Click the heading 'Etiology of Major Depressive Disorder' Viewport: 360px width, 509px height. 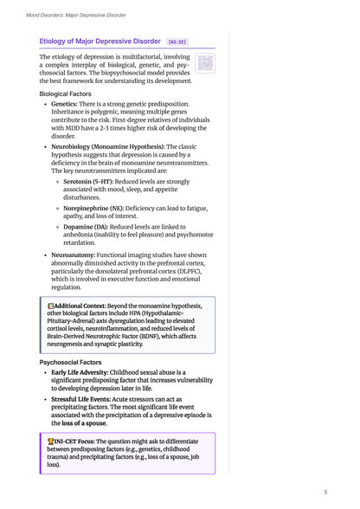coord(100,41)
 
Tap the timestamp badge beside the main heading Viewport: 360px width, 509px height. coord(177,41)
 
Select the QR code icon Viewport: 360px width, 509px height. coord(204,62)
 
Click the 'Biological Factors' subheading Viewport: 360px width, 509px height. coord(71,93)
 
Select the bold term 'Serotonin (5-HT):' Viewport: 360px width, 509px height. coord(93,182)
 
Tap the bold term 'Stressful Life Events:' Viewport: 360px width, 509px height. coord(90,400)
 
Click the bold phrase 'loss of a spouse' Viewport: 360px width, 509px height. coord(85,423)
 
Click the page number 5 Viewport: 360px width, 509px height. coord(325,492)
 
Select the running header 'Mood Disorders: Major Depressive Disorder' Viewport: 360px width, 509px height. coord(76,15)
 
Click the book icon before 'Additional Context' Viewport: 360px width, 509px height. coord(50,307)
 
